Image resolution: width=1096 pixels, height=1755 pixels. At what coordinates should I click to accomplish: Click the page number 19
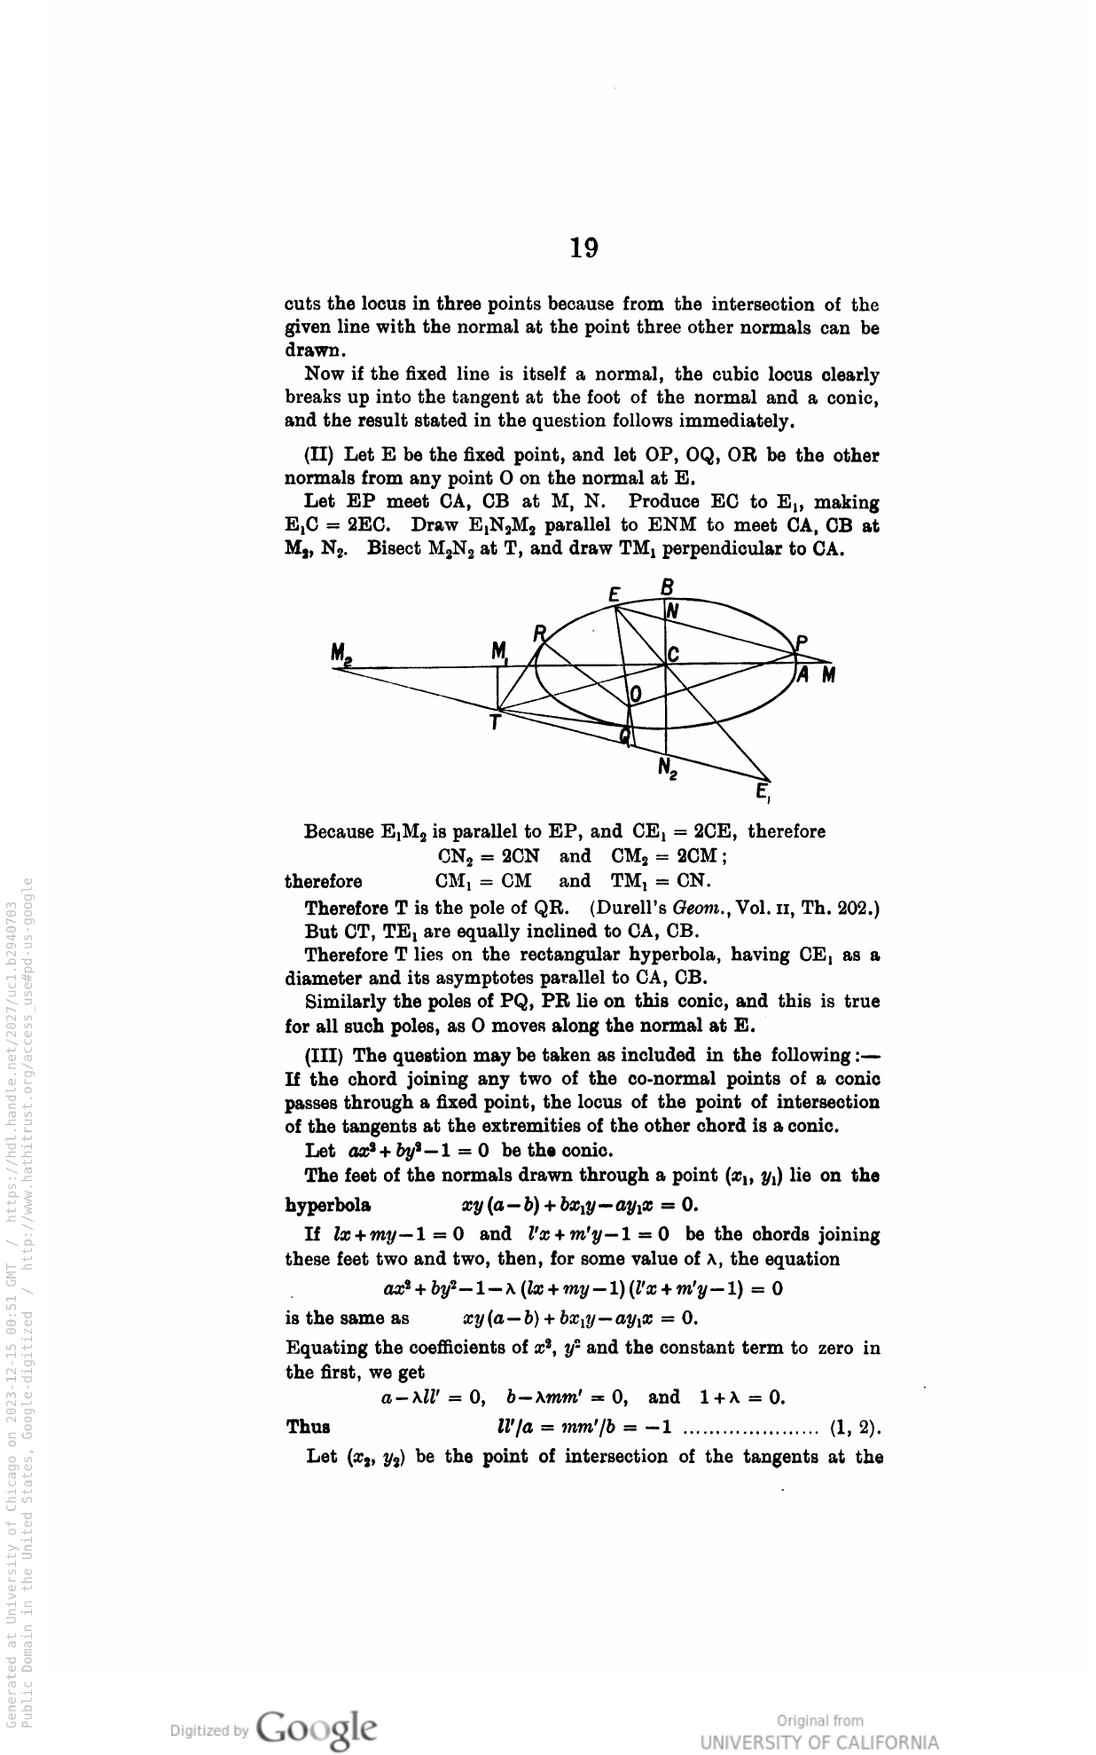point(583,248)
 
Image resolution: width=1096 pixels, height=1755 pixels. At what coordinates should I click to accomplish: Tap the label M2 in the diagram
point(342,654)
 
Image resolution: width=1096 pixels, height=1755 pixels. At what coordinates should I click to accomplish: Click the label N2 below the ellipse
point(668,767)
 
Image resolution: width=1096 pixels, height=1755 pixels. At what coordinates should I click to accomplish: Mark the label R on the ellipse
point(539,633)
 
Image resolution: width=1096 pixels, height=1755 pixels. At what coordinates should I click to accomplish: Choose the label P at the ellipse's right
point(801,643)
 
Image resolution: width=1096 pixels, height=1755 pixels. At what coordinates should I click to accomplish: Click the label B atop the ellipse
point(669,587)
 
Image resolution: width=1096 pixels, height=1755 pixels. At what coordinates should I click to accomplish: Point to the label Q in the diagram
point(626,734)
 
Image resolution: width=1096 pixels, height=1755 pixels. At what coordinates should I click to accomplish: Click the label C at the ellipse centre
point(674,655)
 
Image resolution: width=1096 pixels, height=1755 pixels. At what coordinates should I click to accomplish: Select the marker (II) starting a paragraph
point(318,456)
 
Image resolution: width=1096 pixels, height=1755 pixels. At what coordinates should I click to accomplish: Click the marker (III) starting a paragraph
point(324,1056)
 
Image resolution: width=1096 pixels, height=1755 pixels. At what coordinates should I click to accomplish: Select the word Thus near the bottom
point(308,1428)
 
